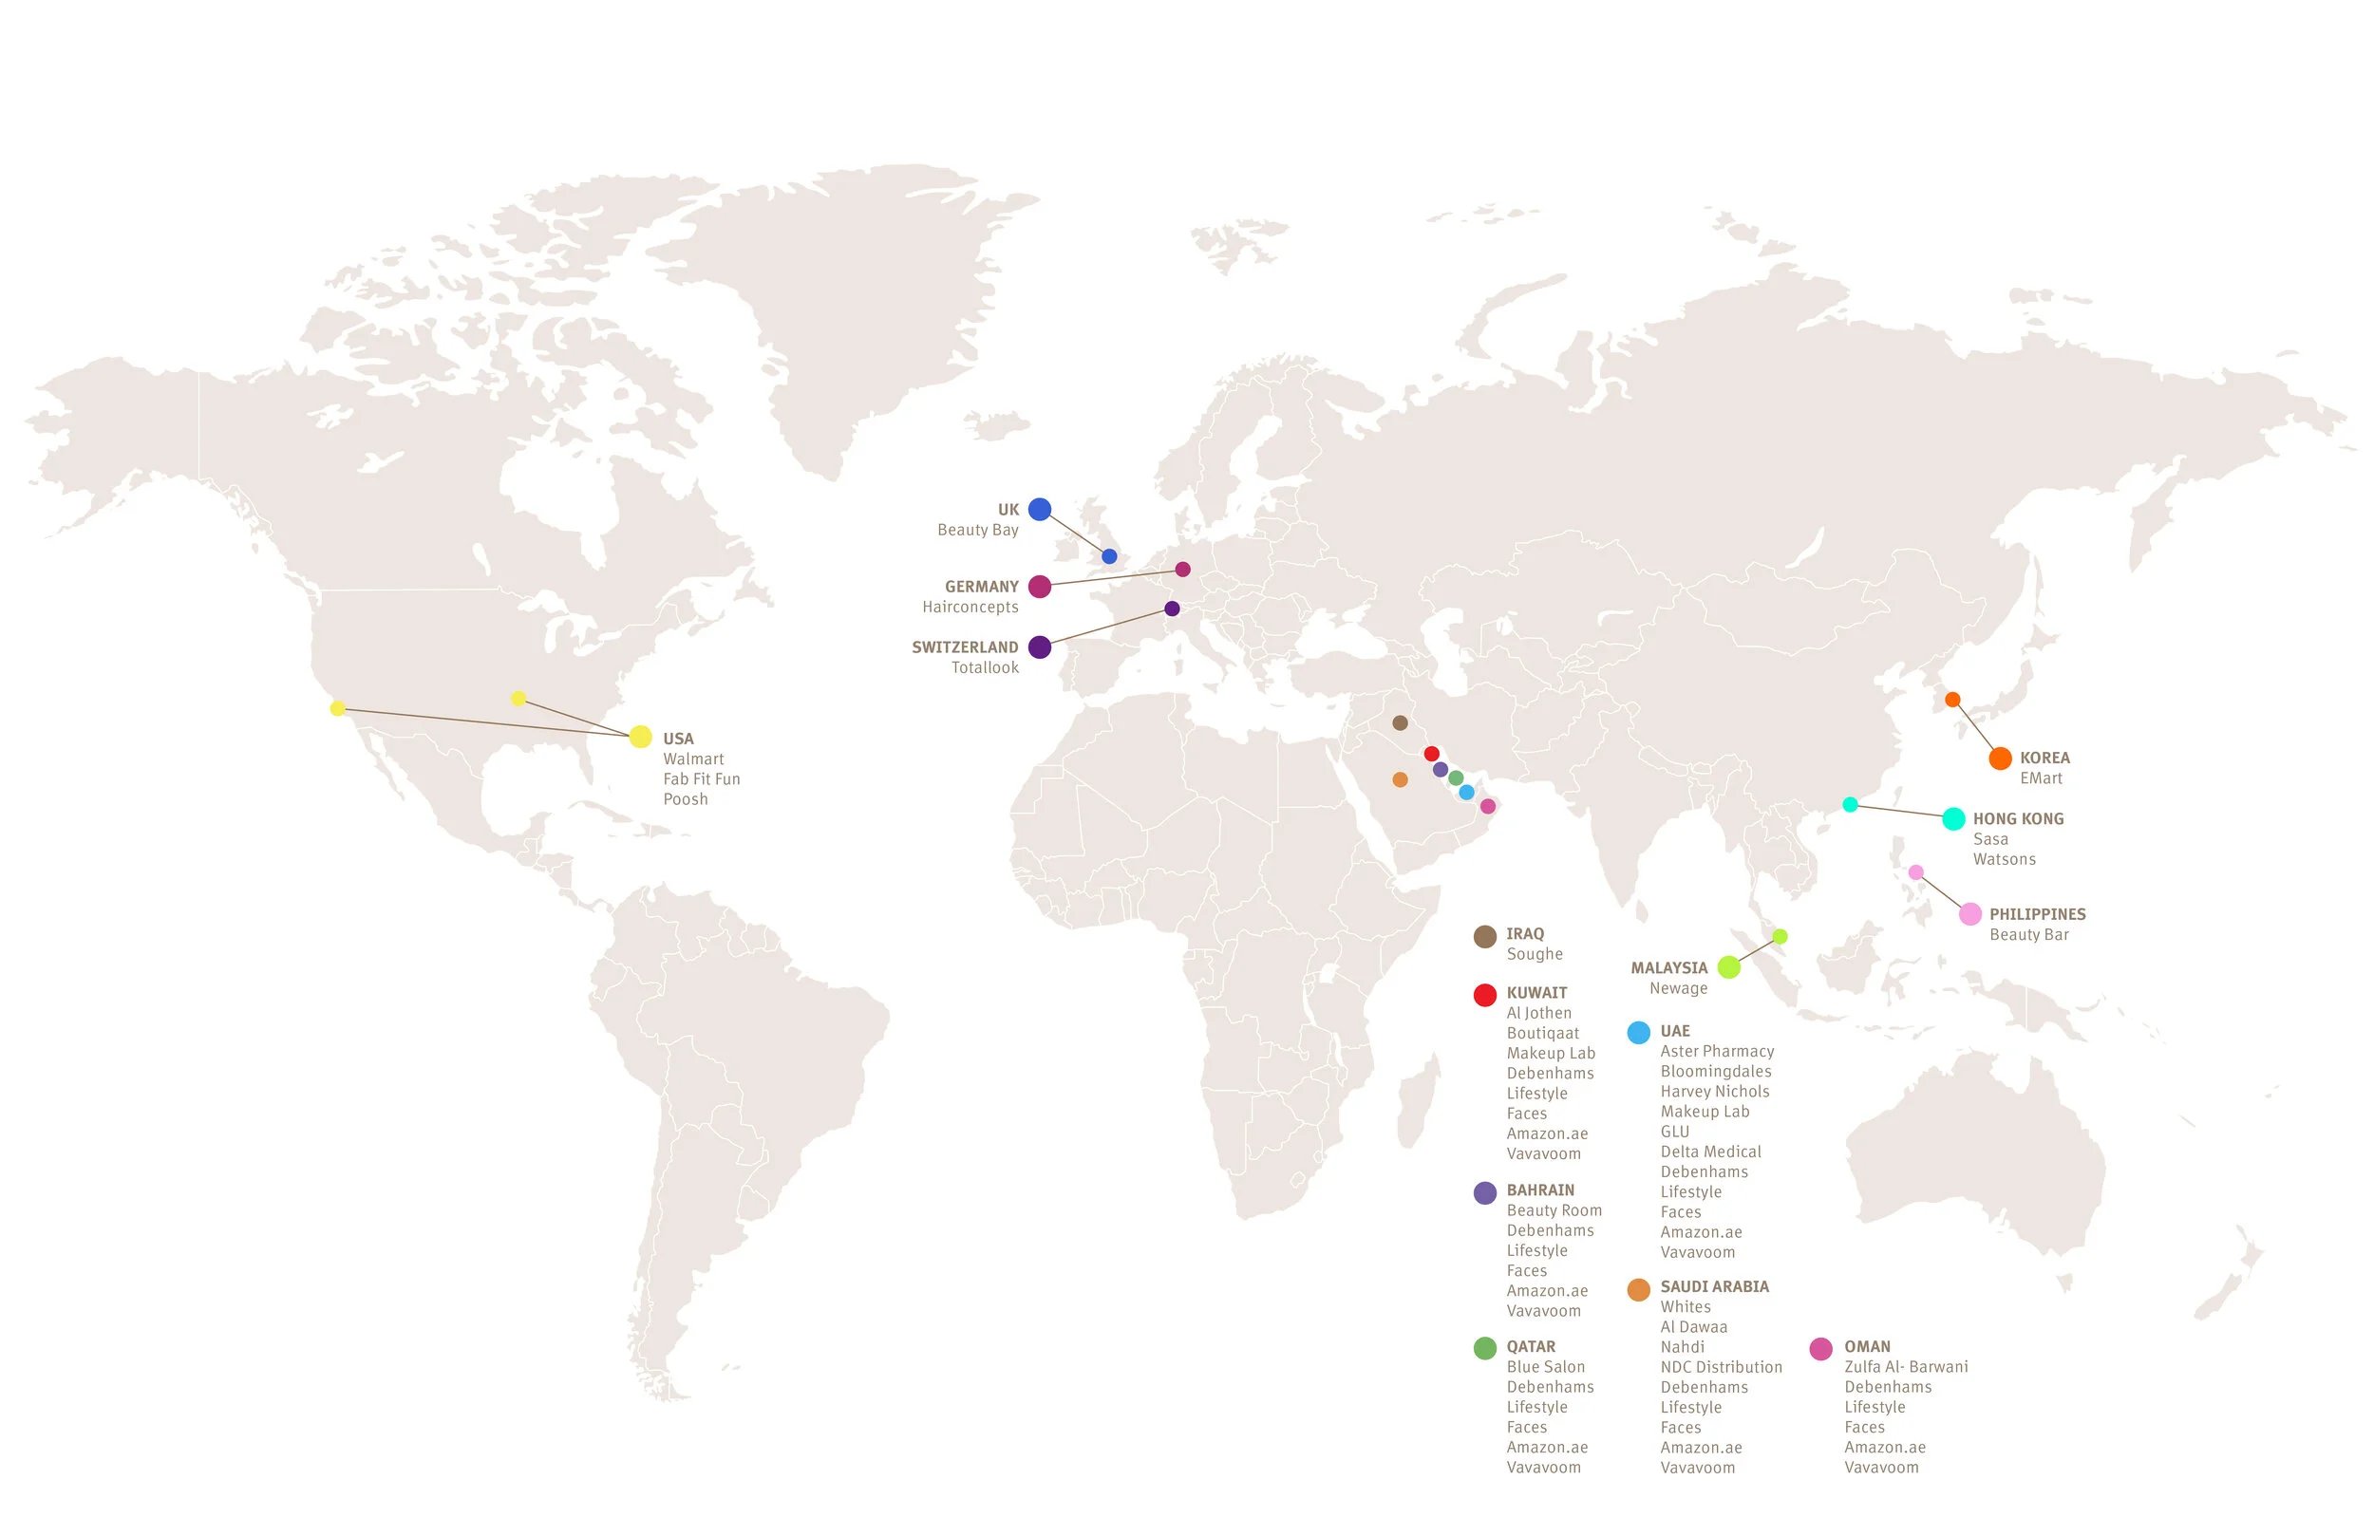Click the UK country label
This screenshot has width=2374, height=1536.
pyautogui.click(x=1008, y=510)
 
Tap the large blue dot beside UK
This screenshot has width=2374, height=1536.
pyautogui.click(x=1040, y=510)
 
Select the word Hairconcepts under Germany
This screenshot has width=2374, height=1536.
pyautogui.click(x=970, y=608)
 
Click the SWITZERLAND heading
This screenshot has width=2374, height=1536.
pyautogui.click(x=965, y=647)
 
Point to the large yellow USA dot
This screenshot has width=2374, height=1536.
pyautogui.click(x=640, y=737)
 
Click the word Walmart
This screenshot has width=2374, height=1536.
pyautogui.click(x=693, y=759)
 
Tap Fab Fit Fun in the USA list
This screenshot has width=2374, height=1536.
pyautogui.click(x=701, y=779)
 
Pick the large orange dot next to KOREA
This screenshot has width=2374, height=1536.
pyautogui.click(x=2000, y=758)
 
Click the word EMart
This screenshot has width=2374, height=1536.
pyautogui.click(x=2041, y=778)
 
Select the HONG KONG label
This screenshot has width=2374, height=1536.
pyautogui.click(x=2018, y=819)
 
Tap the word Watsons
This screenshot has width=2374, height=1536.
pyautogui.click(x=2004, y=859)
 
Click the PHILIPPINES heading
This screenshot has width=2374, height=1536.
pyautogui.click(x=2037, y=914)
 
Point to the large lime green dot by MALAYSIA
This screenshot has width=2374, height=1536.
pyautogui.click(x=1728, y=967)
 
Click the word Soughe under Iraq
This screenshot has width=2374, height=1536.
pyautogui.click(x=1535, y=954)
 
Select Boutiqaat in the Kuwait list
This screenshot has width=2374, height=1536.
pyautogui.click(x=1542, y=1033)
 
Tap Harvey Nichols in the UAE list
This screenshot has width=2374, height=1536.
pyautogui.click(x=1715, y=1091)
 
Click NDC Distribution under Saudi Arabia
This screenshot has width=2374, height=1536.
pyautogui.click(x=1721, y=1367)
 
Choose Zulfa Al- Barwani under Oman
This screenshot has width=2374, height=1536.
pyautogui.click(x=1905, y=1367)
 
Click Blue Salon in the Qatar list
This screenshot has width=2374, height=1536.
pyautogui.click(x=1545, y=1367)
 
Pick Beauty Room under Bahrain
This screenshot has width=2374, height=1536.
pyautogui.click(x=1554, y=1210)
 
